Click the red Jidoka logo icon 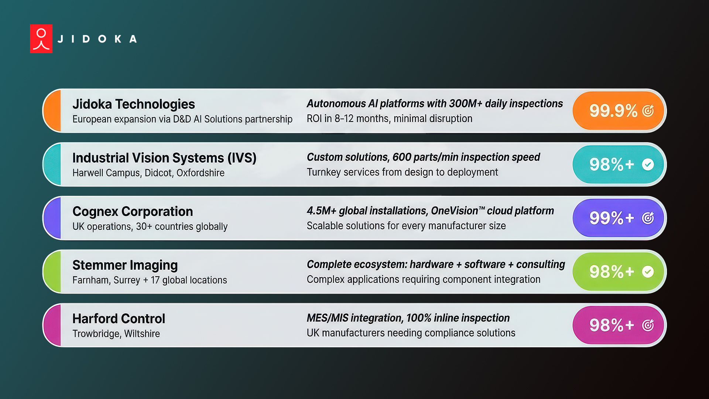(41, 39)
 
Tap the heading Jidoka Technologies (133, 104)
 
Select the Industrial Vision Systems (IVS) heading (164, 158)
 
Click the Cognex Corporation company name (133, 211)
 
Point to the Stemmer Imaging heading (125, 265)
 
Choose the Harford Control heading (119, 318)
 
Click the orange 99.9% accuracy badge (618, 110)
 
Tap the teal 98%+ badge (618, 164)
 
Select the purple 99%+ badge (618, 218)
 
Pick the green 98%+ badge (618, 272)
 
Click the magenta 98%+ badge (618, 325)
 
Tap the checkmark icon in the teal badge (648, 164)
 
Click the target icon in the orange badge (648, 111)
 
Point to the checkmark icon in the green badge (648, 272)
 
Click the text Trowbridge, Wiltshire (116, 334)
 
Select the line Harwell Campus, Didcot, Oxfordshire (148, 173)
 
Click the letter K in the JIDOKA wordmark (118, 39)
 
